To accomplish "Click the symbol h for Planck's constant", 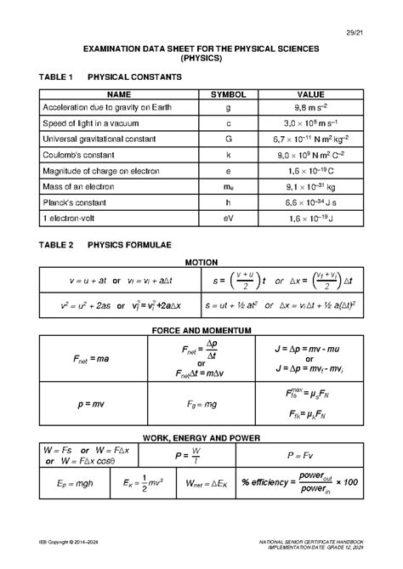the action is (x=228, y=203).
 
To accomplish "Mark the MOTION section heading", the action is (x=201, y=262).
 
